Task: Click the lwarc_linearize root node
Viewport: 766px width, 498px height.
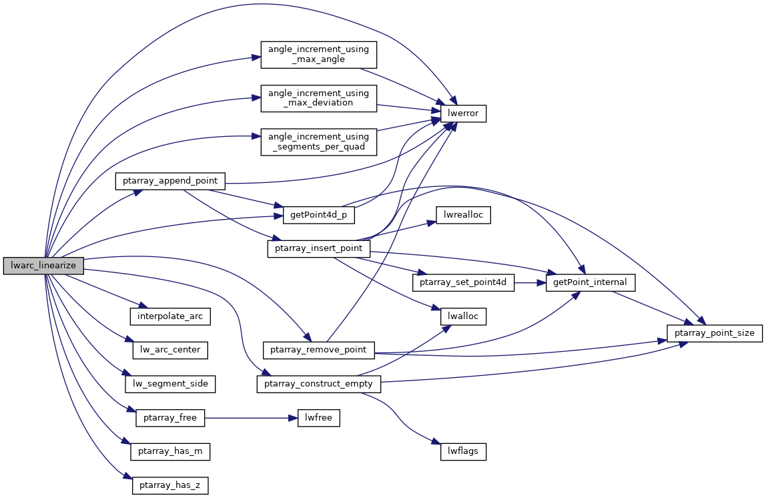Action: (43, 266)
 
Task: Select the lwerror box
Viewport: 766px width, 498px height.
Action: (463, 113)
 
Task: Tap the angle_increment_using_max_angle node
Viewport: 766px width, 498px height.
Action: (318, 54)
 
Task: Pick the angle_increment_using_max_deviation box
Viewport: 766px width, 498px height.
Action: (318, 97)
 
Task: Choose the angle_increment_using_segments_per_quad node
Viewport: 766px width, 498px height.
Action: (318, 142)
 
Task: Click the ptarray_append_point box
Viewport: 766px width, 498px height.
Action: (170, 180)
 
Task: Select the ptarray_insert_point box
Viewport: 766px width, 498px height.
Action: (318, 248)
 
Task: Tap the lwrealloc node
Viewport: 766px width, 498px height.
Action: (463, 215)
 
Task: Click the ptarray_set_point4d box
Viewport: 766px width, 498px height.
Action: (464, 282)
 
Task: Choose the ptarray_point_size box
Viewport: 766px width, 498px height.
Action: (715, 332)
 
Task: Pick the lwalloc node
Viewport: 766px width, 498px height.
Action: (463, 316)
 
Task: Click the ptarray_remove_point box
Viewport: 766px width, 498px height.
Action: (319, 350)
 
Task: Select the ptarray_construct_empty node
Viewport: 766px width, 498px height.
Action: (319, 384)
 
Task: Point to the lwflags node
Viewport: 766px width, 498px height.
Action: (463, 452)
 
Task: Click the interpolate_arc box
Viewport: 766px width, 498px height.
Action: (170, 316)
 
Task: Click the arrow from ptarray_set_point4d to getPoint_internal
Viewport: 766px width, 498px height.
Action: (530, 282)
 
